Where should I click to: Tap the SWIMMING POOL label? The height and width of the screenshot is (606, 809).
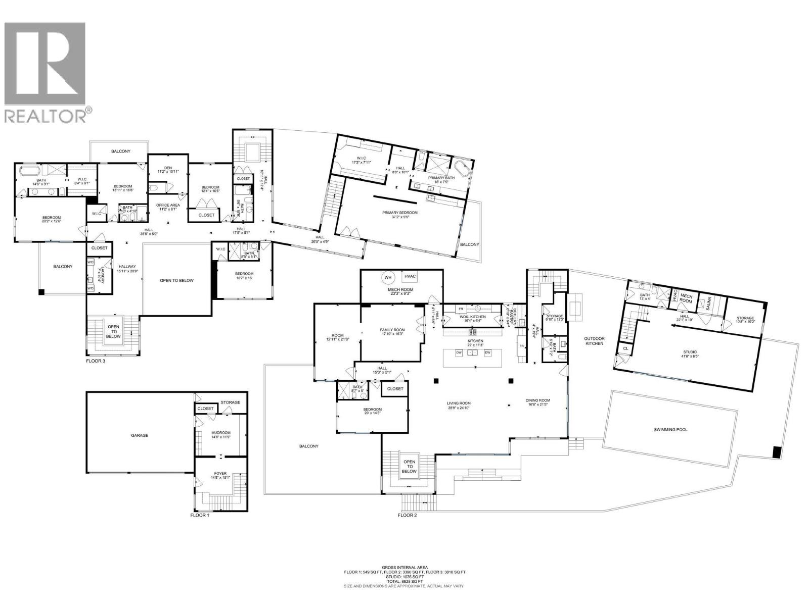(x=670, y=430)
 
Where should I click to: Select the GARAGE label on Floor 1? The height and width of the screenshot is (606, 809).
(x=140, y=435)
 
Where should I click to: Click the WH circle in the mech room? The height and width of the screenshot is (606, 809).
(x=388, y=277)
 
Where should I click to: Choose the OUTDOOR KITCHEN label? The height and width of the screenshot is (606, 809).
(x=594, y=341)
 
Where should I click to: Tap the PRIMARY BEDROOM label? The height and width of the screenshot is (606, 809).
(x=400, y=213)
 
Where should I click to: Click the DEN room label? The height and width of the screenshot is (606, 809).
(x=168, y=169)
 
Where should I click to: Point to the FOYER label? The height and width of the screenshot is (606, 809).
(x=220, y=473)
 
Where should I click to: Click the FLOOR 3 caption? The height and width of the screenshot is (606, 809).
(x=96, y=361)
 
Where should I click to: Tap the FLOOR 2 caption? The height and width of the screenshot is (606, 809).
(x=407, y=515)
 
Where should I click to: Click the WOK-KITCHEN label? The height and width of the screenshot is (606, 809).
(x=472, y=317)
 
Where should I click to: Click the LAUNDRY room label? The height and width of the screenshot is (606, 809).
(x=101, y=274)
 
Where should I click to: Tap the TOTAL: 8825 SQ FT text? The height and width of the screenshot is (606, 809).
(x=404, y=581)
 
